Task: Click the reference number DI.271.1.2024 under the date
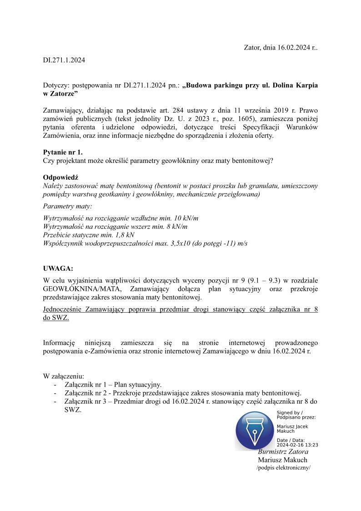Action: tap(64, 60)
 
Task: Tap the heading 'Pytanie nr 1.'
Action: tap(63, 152)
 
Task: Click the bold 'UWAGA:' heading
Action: tap(58, 268)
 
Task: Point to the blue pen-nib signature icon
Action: tap(255, 430)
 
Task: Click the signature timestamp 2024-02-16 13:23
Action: tap(297, 445)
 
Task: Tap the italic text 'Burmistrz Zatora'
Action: tap(283, 452)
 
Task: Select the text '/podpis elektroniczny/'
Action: tap(283, 468)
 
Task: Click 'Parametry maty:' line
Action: tap(67, 207)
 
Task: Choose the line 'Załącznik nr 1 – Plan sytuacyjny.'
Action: tap(113, 385)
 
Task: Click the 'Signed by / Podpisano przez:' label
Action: tap(296, 415)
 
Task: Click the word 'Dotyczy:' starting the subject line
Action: tap(56, 85)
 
